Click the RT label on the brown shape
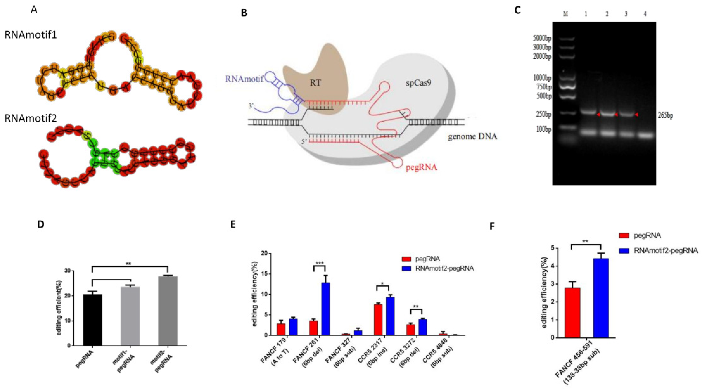(316, 83)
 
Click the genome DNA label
(472, 136)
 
